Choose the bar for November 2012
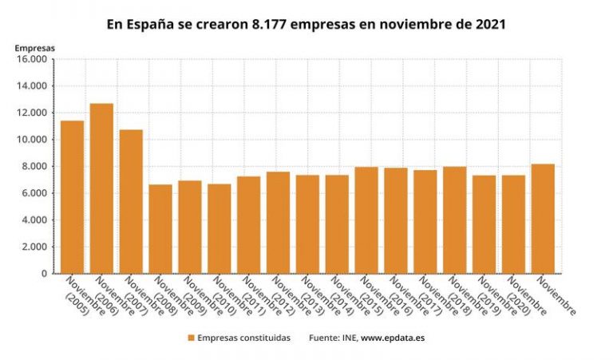(278, 223)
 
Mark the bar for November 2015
(366, 220)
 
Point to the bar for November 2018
(454, 220)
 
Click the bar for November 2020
(513, 224)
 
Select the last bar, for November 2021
(543, 219)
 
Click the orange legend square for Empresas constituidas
(191, 338)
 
